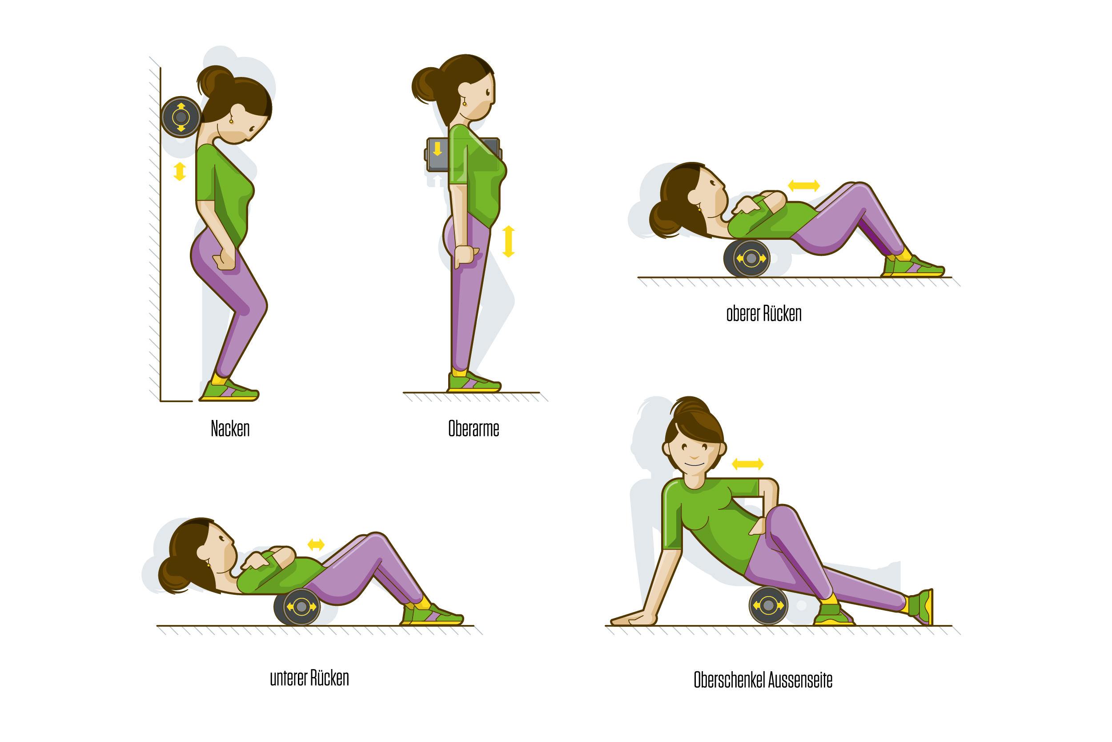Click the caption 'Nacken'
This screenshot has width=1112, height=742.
click(230, 429)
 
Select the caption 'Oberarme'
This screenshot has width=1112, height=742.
click(474, 429)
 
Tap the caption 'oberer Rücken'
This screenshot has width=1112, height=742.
click(764, 314)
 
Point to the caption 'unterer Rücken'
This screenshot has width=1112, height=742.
click(309, 678)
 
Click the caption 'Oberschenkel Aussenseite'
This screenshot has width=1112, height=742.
click(763, 680)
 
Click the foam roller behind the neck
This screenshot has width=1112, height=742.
click(181, 117)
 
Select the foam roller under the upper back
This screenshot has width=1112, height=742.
click(747, 258)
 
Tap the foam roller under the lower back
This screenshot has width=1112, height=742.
click(297, 607)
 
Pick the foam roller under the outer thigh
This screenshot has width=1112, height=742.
click(768, 605)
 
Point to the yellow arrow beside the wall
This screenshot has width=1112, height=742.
click(180, 172)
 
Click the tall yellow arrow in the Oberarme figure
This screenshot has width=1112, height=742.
click(509, 242)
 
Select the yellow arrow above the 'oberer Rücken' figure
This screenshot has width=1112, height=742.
click(803, 185)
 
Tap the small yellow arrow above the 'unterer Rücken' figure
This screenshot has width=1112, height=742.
click(316, 544)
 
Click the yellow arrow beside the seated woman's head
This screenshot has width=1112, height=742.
click(748, 464)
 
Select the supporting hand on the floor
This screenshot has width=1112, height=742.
click(634, 618)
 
